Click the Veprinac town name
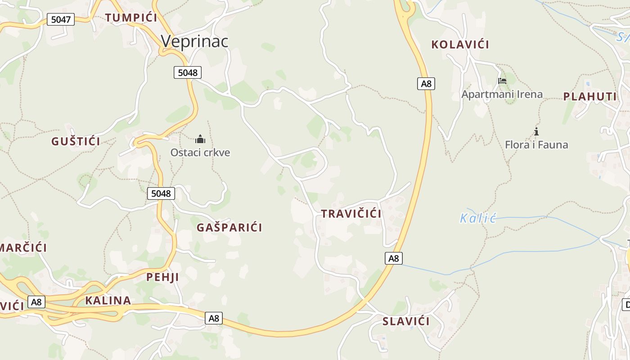click(x=194, y=41)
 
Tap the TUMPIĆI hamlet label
click(x=131, y=18)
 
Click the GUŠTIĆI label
click(x=76, y=141)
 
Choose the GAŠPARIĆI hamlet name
click(x=229, y=227)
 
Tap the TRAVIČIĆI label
click(x=351, y=214)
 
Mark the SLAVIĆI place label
click(x=406, y=321)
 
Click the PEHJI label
click(x=162, y=277)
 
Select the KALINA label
click(x=108, y=301)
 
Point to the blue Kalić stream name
click(x=477, y=219)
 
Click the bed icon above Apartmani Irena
click(x=502, y=81)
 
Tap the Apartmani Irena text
click(x=502, y=94)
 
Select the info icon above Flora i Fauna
click(x=536, y=131)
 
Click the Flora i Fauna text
click(x=536, y=145)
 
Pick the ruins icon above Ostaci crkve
click(x=200, y=139)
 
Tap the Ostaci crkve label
click(x=200, y=153)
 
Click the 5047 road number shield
click(x=61, y=19)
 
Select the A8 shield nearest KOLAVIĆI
click(x=426, y=83)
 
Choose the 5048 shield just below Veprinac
click(x=187, y=72)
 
